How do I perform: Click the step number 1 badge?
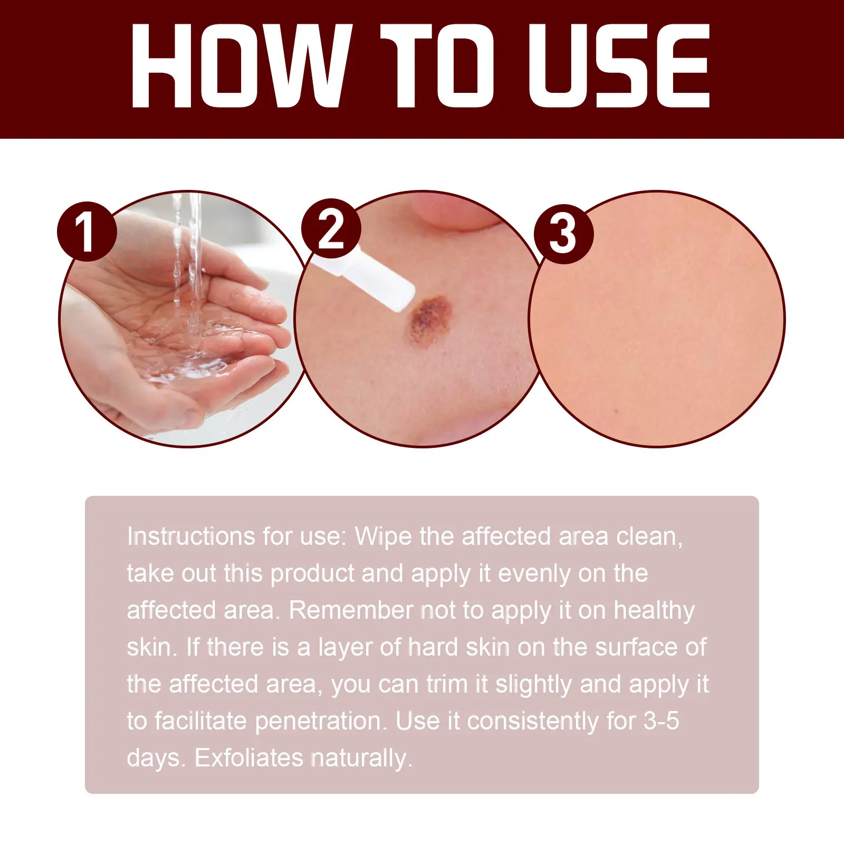[87, 232]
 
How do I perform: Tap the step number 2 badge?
[331, 228]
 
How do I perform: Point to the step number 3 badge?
[563, 234]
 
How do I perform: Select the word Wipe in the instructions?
[383, 536]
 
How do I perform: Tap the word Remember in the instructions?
[350, 610]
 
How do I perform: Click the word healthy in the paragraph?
[654, 611]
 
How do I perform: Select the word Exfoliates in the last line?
[249, 758]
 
